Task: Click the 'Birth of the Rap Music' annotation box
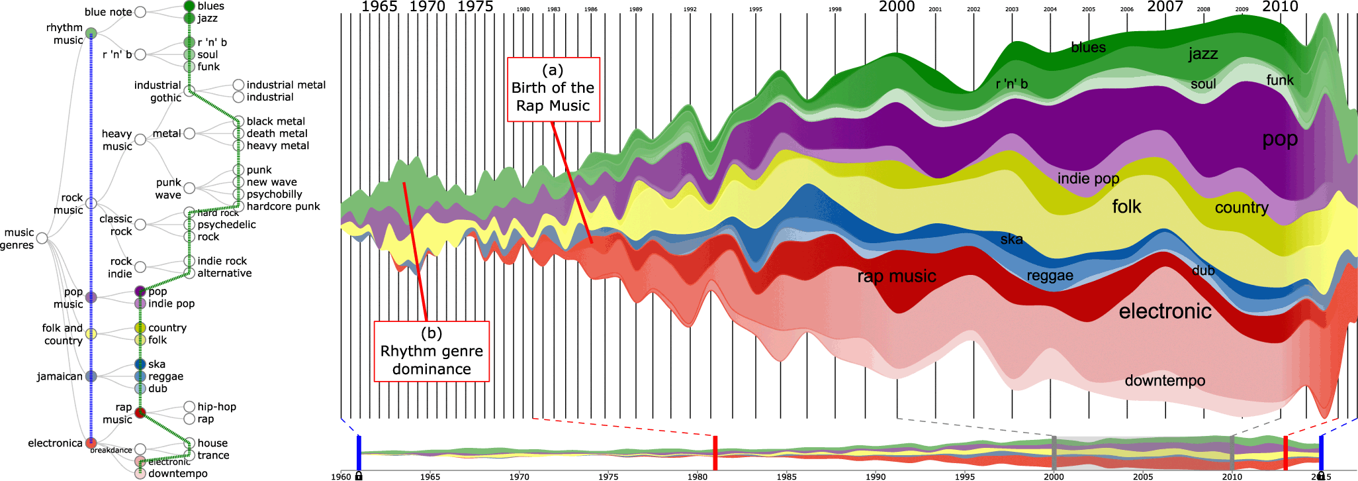553,89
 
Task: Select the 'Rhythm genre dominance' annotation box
431,351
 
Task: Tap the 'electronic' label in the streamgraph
1165,311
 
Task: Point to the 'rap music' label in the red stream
896,276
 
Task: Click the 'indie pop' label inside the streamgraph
1088,179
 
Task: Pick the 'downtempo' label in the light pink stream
1165,381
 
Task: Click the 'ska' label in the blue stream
1011,239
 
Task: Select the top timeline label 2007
1165,7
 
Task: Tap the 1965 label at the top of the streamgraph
379,7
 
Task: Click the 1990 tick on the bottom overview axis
876,476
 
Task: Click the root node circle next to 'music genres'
42,238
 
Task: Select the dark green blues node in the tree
189,6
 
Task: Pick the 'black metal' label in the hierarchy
275,121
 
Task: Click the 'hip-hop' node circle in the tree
189,407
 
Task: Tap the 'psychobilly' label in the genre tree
274,194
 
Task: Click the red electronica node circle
91,443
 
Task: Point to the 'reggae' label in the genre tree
165,376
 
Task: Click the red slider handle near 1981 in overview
715,453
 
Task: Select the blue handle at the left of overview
359,453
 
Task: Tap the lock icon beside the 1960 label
359,476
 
